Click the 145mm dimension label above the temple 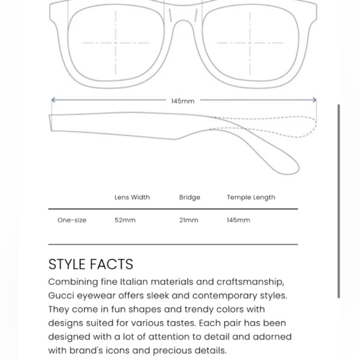182,101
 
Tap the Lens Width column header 132,197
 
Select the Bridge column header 190,197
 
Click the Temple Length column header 251,197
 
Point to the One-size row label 72,220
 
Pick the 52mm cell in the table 125,220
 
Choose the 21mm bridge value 189,220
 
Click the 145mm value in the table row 238,220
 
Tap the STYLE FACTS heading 91,264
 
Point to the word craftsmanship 249,282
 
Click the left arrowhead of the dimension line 53,100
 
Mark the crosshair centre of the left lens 115,43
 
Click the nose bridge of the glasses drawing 183,19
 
